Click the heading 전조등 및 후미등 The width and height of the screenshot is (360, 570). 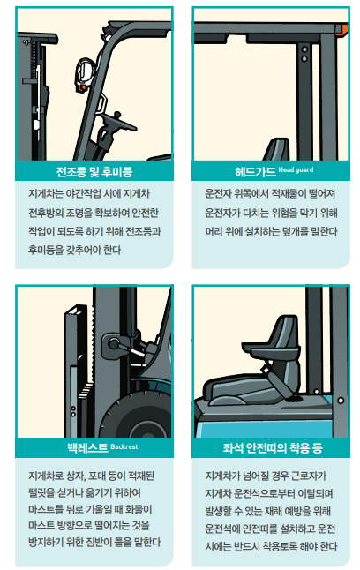coord(94,171)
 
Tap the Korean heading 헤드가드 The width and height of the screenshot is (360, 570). coord(255,171)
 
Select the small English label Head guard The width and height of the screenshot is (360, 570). coord(296,169)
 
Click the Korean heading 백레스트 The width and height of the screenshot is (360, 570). coord(87,447)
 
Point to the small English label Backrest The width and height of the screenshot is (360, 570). coord(124,446)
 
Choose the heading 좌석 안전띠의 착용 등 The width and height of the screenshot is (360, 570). coord(273,447)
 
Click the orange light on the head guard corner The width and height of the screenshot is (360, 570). coord(341,30)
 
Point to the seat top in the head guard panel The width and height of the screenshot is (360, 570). coord(276,149)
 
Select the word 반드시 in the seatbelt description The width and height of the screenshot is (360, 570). coord(245,546)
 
